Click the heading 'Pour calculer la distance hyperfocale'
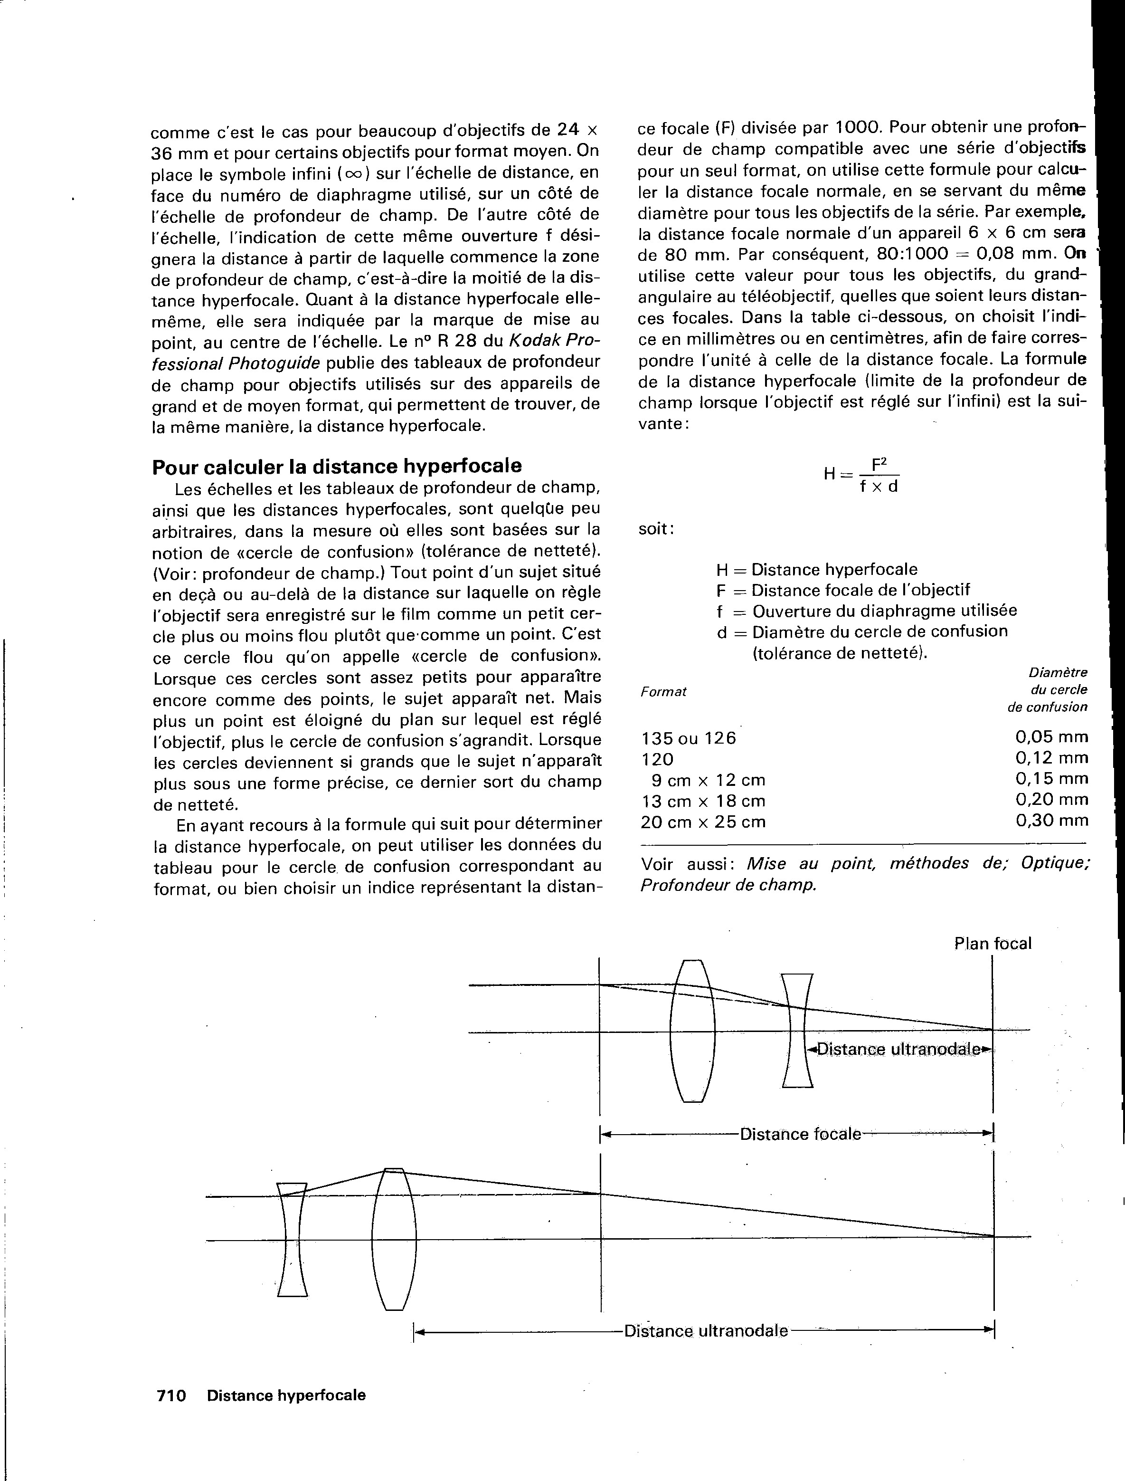point(337,466)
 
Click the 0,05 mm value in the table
point(1051,737)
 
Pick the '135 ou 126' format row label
point(689,738)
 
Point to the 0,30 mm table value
point(1051,821)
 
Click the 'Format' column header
point(663,692)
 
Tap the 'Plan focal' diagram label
point(993,944)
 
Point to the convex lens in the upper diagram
point(692,1031)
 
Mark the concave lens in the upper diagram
point(797,1030)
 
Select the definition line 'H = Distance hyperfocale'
point(816,569)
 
